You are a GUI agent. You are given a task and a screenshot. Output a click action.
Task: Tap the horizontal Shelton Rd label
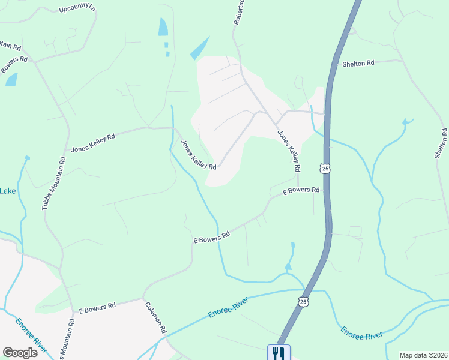point(358,63)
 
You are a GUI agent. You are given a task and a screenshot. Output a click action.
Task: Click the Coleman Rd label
point(155,317)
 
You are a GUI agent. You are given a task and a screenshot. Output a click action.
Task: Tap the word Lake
point(8,191)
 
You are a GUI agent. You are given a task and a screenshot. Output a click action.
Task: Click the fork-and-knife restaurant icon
point(278,352)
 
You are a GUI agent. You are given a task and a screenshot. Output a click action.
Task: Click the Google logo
point(20,353)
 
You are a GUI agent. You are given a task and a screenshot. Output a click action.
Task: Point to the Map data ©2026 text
point(423,355)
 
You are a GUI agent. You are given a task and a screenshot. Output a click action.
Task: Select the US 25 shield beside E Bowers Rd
point(325,169)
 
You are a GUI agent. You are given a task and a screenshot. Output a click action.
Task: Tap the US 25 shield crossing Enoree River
point(304,301)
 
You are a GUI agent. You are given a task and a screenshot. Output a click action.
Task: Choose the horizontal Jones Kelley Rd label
point(92,142)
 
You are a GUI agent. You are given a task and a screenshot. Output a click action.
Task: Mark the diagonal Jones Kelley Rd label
point(198,154)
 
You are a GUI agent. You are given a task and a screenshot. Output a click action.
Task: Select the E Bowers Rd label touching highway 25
point(301,191)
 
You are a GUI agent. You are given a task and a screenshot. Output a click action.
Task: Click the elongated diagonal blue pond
point(200,49)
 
